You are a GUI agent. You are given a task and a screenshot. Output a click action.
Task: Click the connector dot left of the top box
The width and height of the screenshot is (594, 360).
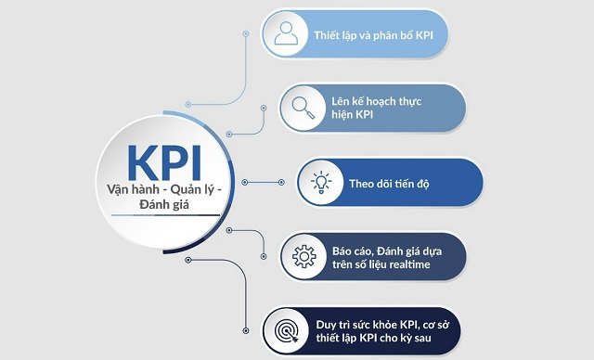click(245, 33)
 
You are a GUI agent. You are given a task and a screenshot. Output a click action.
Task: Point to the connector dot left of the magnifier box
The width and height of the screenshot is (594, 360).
click(264, 108)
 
